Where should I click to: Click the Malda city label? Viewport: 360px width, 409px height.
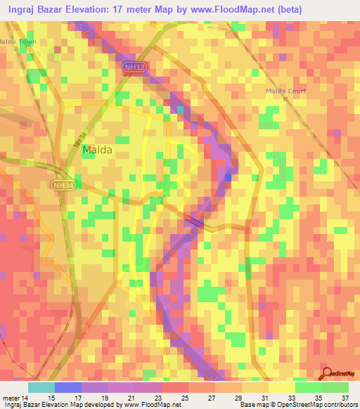tap(97, 150)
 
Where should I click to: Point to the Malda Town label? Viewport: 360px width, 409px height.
tap(17, 42)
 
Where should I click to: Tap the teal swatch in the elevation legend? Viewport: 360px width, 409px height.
tap(41, 387)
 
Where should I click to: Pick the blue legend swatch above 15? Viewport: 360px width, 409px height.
tap(67, 387)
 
